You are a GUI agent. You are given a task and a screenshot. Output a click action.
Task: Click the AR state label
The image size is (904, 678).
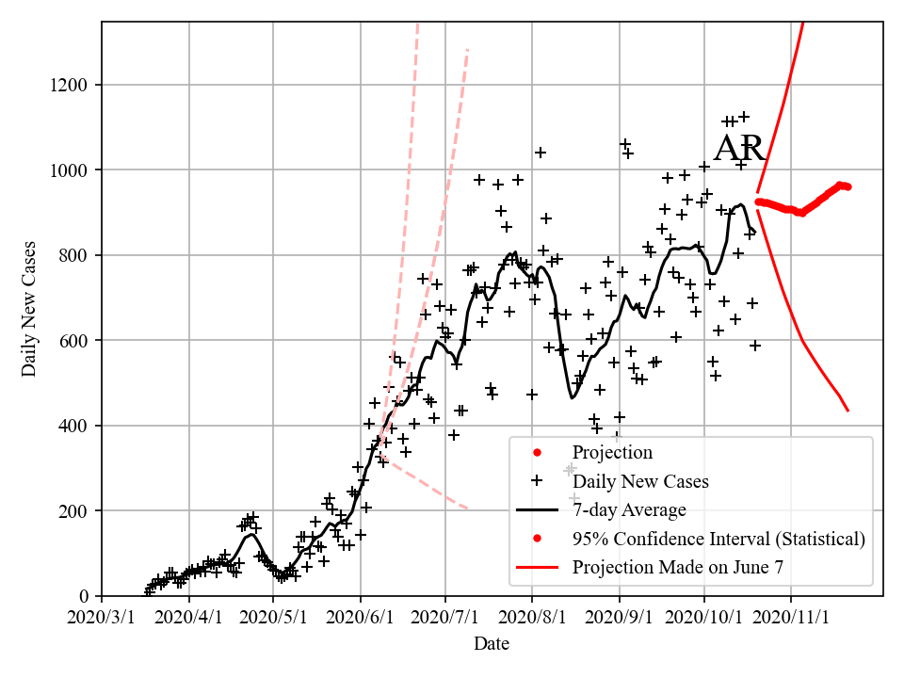(739, 150)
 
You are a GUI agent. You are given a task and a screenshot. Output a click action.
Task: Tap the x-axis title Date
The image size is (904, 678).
(492, 644)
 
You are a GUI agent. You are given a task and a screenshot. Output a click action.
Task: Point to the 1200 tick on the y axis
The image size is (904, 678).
(72, 86)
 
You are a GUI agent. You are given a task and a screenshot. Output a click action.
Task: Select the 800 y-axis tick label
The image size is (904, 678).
(75, 256)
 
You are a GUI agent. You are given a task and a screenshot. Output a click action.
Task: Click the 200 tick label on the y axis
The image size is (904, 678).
(75, 511)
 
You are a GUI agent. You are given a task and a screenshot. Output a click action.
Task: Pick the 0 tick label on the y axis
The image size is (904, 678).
(86, 596)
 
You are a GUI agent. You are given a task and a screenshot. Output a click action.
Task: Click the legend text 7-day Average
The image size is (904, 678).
(629, 510)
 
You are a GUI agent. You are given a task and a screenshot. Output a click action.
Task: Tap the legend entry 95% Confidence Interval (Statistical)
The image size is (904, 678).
(718, 539)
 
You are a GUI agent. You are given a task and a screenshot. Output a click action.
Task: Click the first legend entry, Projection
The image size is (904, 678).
(612, 453)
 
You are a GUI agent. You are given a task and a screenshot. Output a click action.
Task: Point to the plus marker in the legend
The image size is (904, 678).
(537, 480)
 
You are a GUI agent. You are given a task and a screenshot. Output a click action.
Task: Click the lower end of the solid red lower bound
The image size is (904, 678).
(847, 410)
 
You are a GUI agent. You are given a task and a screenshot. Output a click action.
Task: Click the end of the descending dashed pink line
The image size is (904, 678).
(467, 509)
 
